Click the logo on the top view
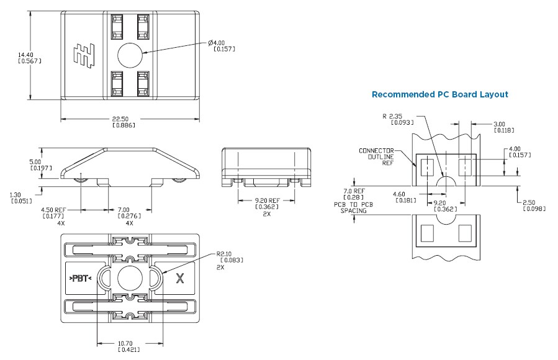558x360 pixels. point(81,54)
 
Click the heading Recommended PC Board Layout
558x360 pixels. point(439,94)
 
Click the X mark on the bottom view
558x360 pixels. point(181,278)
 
